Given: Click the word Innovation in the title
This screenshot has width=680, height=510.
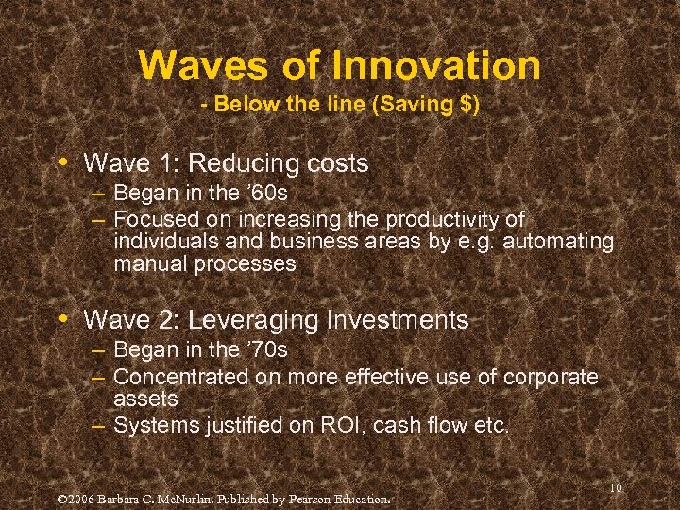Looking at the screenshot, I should pyautogui.click(x=435, y=65).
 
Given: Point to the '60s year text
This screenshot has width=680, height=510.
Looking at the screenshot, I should pyautogui.click(x=265, y=194).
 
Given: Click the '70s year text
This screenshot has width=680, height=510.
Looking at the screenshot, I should pyautogui.click(x=265, y=350).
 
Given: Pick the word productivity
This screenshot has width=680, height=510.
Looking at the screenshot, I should pyautogui.click(x=440, y=218).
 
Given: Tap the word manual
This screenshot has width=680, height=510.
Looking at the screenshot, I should pyautogui.click(x=150, y=264).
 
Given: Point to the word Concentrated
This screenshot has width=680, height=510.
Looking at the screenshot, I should pyautogui.click(x=180, y=377).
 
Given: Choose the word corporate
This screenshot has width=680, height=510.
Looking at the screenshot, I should pyautogui.click(x=551, y=377).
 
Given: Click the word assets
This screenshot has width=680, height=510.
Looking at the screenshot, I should pyautogui.click(x=145, y=399).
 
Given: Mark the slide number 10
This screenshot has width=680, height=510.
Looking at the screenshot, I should pyautogui.click(x=616, y=488).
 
